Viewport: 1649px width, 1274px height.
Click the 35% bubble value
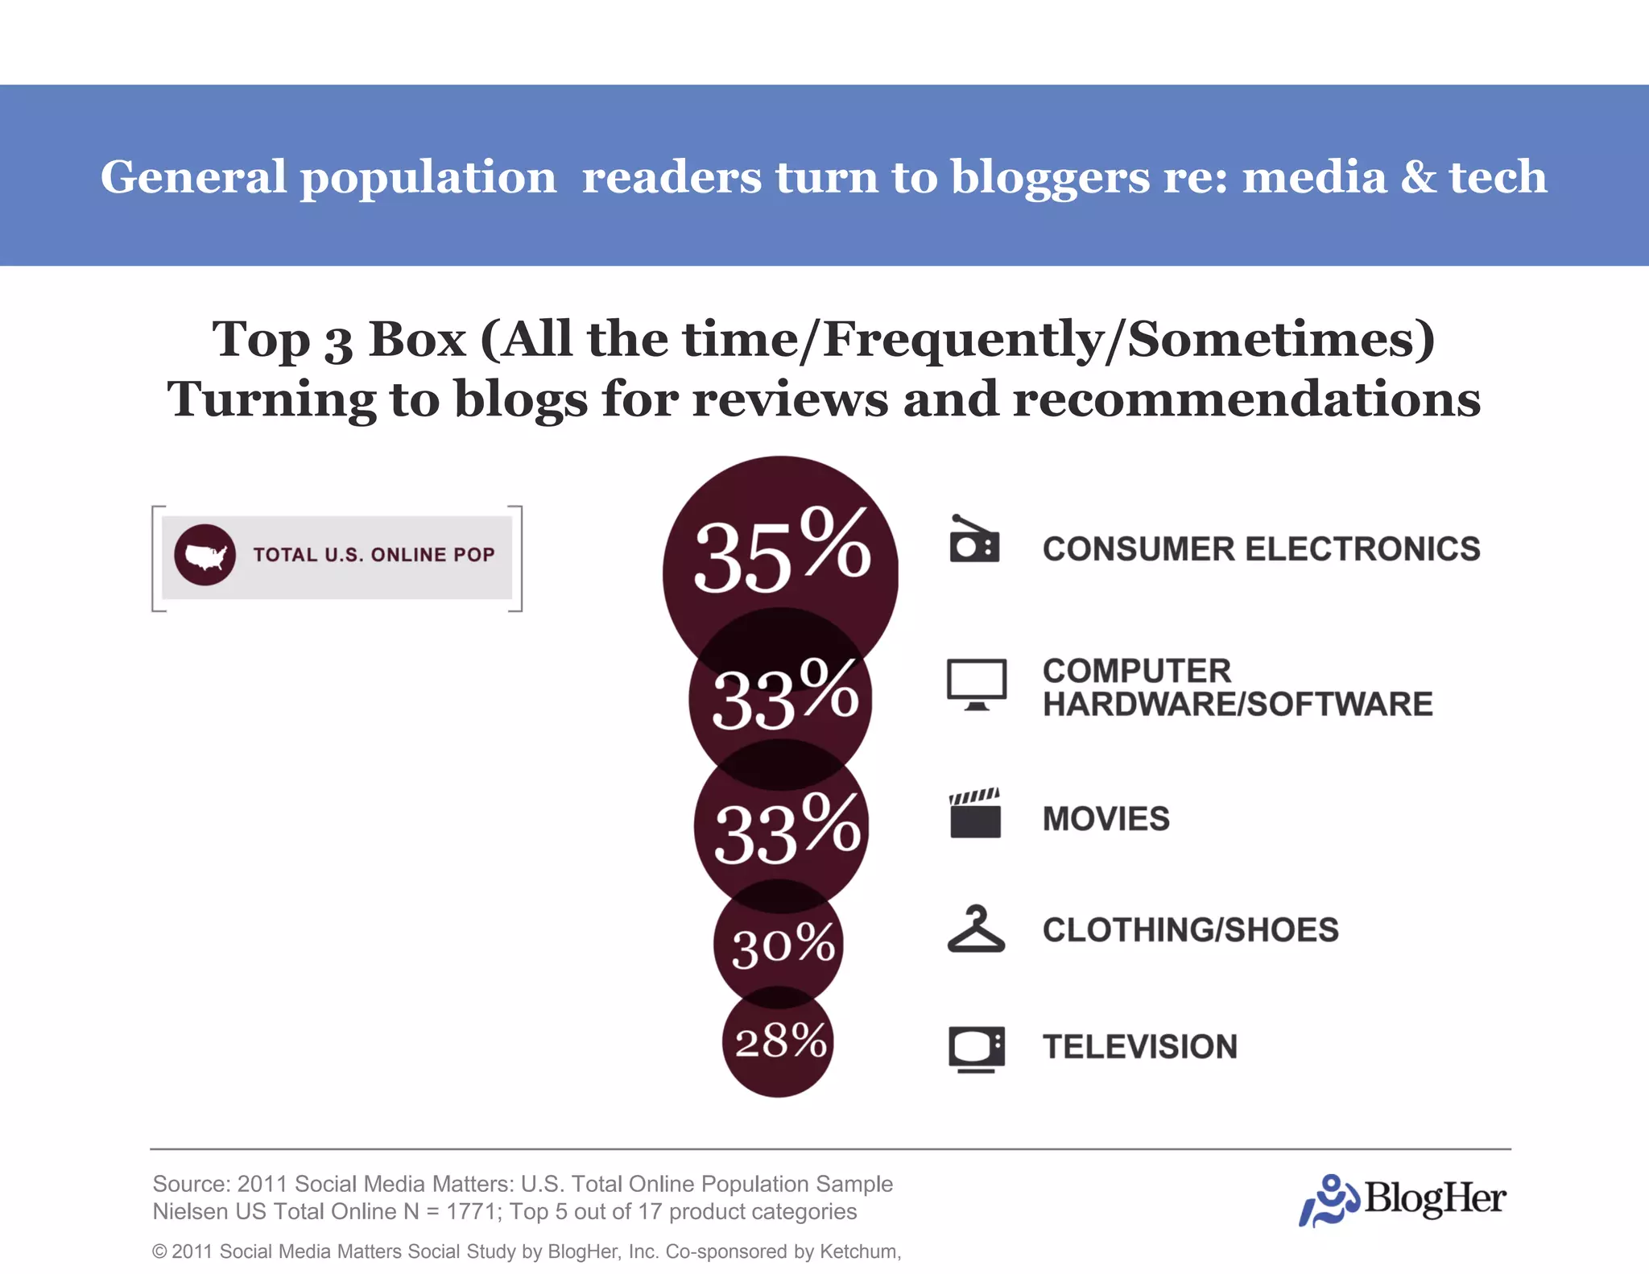[x=781, y=552]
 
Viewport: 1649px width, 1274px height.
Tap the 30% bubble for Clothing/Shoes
[x=781, y=944]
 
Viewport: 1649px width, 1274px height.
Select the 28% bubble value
[x=779, y=1041]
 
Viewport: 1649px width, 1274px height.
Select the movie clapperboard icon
[x=975, y=813]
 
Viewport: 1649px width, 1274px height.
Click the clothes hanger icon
[x=976, y=929]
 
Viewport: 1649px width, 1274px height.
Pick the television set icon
[x=976, y=1049]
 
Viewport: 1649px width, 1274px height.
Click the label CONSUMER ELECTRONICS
[x=1261, y=549]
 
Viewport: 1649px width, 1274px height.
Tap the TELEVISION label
[x=1139, y=1047]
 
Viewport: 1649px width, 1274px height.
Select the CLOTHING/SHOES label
[x=1190, y=930]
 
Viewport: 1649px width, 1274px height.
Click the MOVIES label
[x=1106, y=819]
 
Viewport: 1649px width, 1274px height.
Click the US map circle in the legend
[x=205, y=555]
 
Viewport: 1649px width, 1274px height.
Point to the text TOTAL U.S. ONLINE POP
[x=374, y=555]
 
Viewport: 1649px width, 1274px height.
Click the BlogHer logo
[x=1403, y=1199]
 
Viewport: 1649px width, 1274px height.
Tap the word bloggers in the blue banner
[x=1050, y=177]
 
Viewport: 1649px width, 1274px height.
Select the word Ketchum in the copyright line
[x=858, y=1251]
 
